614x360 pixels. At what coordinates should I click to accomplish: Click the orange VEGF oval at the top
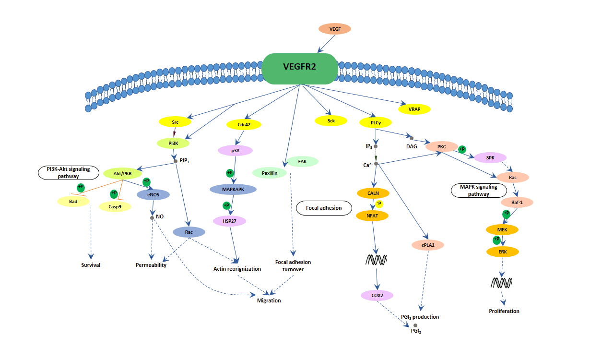coord(335,29)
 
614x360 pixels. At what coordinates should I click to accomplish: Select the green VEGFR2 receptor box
coord(300,69)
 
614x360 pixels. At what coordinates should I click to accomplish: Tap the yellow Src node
coord(175,122)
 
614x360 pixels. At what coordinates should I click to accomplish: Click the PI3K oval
coord(173,143)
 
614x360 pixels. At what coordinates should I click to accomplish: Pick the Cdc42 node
coord(244,124)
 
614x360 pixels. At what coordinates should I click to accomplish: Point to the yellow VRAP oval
coord(414,109)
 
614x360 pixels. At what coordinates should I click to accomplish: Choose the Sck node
coord(331,121)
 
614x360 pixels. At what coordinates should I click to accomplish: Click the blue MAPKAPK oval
coord(233,190)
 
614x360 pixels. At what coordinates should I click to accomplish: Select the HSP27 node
coord(229,221)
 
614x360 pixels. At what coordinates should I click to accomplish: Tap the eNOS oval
coord(153,194)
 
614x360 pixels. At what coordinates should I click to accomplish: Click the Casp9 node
coord(115,206)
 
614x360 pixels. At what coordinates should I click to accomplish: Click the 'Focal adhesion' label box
coord(324,208)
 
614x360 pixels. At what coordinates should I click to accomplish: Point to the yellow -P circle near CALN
coord(379,203)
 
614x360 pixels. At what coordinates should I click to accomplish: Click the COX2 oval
coord(377,295)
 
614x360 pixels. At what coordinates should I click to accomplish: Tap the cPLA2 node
coord(428,245)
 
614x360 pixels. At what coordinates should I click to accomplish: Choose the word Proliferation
coord(504,311)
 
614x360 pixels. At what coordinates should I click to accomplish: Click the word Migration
coord(269,300)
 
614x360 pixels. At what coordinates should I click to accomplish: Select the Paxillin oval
coord(270,173)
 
